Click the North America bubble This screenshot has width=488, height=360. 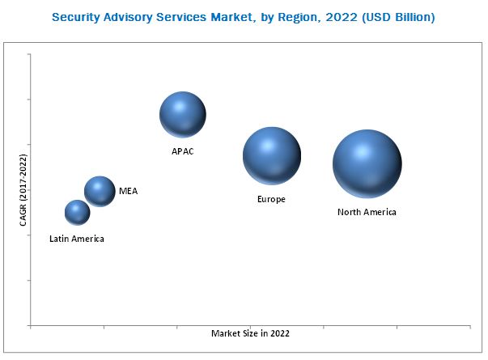pyautogui.click(x=367, y=163)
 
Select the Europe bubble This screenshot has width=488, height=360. pyautogui.click(x=272, y=156)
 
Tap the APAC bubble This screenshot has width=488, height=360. pyautogui.click(x=182, y=115)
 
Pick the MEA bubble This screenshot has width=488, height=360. pyautogui.click(x=100, y=192)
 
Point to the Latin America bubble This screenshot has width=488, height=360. pyautogui.click(x=77, y=213)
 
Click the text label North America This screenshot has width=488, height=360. pyautogui.click(x=367, y=212)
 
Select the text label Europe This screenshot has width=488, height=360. pyautogui.click(x=271, y=199)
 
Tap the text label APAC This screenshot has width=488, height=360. pyautogui.click(x=182, y=150)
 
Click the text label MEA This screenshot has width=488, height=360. pyautogui.click(x=128, y=192)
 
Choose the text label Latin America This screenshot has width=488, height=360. pyautogui.click(x=77, y=239)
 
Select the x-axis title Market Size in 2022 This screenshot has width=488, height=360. pyautogui.click(x=250, y=333)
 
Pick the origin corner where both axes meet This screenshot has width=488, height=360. pyautogui.click(x=30, y=325)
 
